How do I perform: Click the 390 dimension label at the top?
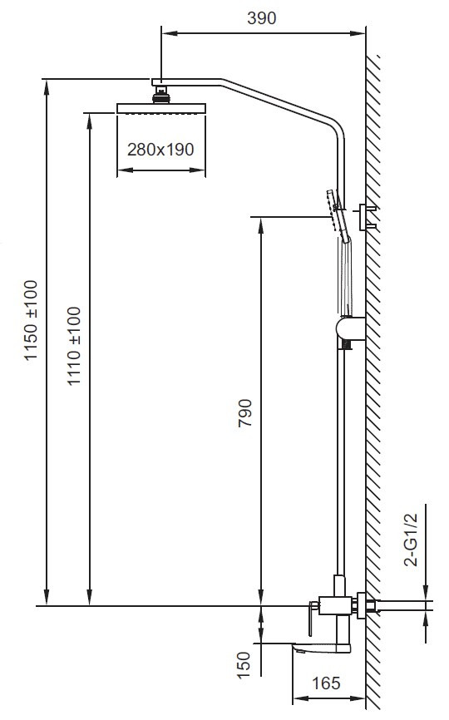(x=262, y=18)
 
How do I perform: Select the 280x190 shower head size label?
(x=160, y=149)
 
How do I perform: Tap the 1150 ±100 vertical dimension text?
(x=32, y=321)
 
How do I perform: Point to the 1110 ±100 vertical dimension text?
(x=74, y=346)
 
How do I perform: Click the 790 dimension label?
(x=245, y=413)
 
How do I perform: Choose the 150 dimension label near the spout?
(x=244, y=665)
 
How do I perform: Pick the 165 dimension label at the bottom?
(x=326, y=683)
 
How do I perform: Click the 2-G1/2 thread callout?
(x=411, y=540)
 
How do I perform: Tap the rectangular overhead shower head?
(x=161, y=108)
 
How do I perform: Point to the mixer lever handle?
(x=313, y=618)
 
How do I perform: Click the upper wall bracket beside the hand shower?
(x=367, y=216)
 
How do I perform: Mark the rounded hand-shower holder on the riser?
(x=350, y=328)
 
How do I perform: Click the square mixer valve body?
(x=336, y=605)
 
